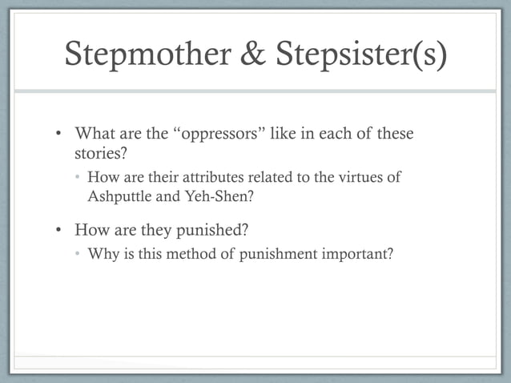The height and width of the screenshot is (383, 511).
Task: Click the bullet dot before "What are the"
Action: pyautogui.click(x=60, y=134)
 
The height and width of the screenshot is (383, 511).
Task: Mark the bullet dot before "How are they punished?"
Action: pyautogui.click(x=60, y=232)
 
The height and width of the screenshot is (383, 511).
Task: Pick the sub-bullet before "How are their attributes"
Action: pyautogui.click(x=78, y=178)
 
